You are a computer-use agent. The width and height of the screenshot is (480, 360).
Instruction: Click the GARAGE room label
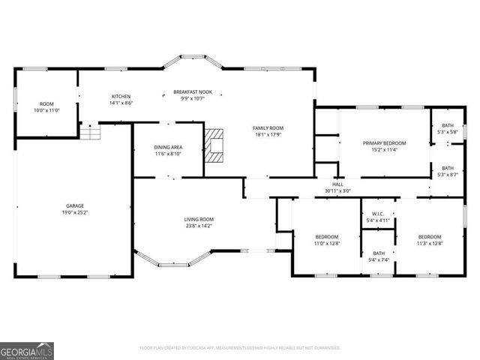(74, 205)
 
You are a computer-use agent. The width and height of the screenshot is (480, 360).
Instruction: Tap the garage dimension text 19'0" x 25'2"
(74, 212)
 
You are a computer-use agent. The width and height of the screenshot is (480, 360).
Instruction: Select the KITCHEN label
(121, 96)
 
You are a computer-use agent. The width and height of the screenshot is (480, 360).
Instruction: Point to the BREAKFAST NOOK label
(193, 91)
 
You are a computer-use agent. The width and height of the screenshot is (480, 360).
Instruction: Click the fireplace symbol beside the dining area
(214, 144)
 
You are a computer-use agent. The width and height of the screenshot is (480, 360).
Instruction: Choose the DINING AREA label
(169, 147)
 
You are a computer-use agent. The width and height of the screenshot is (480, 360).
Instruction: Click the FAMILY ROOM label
(267, 128)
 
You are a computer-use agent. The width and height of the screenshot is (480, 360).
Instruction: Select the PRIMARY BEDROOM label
(384, 142)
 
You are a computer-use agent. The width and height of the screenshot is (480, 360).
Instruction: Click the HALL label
(337, 184)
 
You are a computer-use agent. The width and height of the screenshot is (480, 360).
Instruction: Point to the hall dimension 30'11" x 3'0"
(337, 190)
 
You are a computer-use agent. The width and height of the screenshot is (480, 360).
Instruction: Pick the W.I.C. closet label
(378, 214)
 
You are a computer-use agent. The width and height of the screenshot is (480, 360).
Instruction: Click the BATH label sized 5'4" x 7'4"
(378, 253)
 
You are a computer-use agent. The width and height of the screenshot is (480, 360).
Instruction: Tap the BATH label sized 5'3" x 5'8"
(447, 125)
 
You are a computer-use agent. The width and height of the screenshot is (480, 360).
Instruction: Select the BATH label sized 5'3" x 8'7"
(447, 168)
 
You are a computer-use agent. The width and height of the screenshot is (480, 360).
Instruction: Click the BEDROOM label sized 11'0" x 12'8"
(327, 236)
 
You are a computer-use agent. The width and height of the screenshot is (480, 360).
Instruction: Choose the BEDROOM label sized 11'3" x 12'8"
(430, 236)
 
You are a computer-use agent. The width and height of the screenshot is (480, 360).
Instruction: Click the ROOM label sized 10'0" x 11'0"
(47, 103)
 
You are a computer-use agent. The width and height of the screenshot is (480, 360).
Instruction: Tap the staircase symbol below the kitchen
(90, 132)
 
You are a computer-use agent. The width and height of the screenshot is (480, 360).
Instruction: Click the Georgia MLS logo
(26, 350)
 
